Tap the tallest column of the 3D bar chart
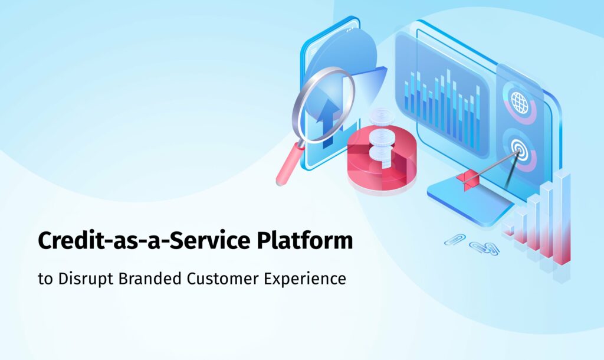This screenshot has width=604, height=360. (x=562, y=218)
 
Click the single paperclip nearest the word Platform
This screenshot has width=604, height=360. (x=454, y=239)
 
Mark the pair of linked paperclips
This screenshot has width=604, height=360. (x=484, y=248)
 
